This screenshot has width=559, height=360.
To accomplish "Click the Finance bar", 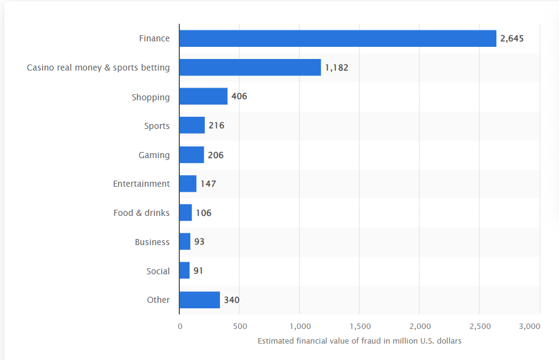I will [337, 38].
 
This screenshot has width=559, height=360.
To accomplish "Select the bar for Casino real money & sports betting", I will [250, 67].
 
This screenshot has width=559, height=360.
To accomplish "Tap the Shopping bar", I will [203, 97].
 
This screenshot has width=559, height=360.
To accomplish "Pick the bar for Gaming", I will [191, 155].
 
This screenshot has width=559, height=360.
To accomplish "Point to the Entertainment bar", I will [188, 184].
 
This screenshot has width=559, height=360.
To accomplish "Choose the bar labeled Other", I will [199, 300].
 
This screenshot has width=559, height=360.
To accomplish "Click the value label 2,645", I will [512, 38].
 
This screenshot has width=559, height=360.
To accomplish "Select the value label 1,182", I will [337, 67].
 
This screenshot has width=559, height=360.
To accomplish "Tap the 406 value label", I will [239, 97].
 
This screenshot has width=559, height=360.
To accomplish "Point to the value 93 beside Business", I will [199, 242].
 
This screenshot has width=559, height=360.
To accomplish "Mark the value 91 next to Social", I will [198, 271].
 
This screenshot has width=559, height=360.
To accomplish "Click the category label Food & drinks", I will [142, 213].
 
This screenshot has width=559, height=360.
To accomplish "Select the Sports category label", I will [157, 126].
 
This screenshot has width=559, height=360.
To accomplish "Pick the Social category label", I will [158, 271].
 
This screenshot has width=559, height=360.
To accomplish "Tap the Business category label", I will [152, 242].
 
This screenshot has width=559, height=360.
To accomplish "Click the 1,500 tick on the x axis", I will [360, 327].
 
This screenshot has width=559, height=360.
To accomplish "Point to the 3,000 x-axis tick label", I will [530, 327].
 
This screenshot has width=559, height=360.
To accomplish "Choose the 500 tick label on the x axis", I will [239, 327].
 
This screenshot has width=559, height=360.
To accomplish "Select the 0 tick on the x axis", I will [180, 327].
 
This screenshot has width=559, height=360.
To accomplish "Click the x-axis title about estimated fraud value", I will [360, 341].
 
